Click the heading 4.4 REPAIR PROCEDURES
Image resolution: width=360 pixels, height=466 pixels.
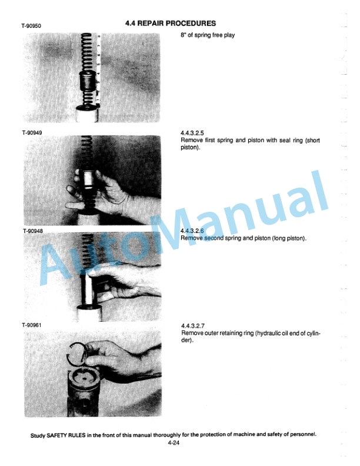(x=171, y=23)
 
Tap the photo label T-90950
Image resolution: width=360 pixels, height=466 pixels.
(x=31, y=26)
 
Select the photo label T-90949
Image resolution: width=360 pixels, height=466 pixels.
(x=32, y=133)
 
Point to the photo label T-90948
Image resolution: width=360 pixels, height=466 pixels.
(x=33, y=231)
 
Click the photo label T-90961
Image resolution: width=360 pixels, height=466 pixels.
(x=32, y=325)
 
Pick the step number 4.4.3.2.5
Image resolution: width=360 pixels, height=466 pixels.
(x=192, y=133)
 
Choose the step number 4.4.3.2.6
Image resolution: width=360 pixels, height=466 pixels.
(x=192, y=231)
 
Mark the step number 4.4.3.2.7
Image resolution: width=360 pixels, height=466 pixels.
(x=193, y=326)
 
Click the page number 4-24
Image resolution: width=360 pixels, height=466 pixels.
(x=174, y=443)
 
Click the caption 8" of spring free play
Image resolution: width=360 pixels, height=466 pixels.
(x=208, y=35)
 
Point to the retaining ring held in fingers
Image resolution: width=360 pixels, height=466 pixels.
(x=78, y=354)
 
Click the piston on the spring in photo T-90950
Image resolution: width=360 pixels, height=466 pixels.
(x=88, y=81)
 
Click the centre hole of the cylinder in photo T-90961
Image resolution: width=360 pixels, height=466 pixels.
(x=85, y=378)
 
